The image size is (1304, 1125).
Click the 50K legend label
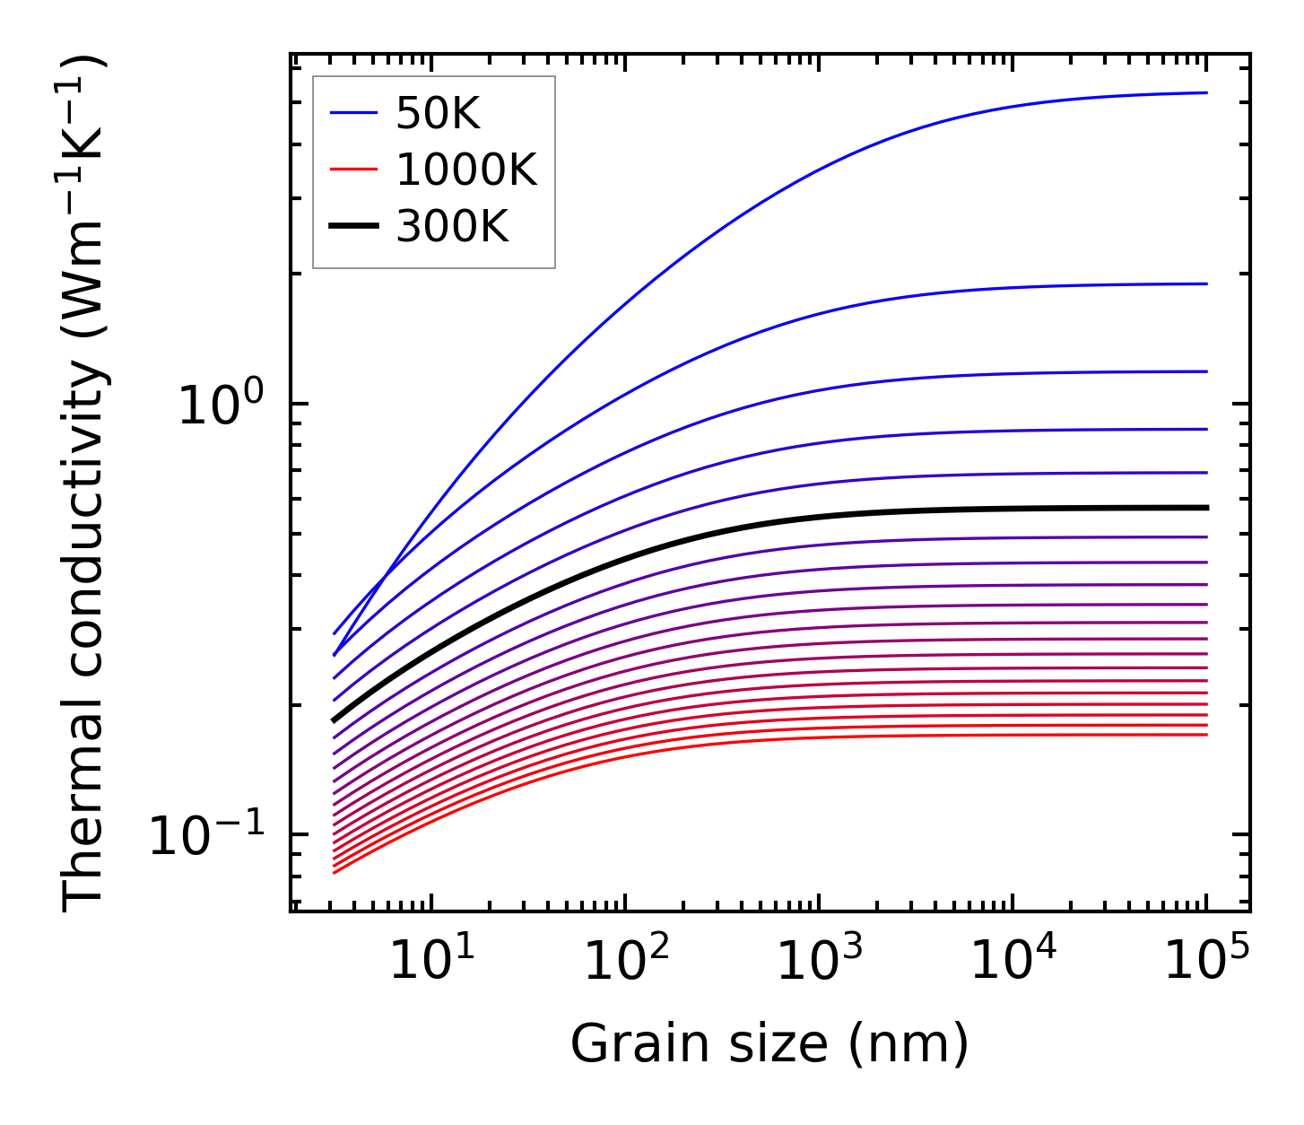coord(438,114)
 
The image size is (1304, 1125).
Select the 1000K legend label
coord(465,170)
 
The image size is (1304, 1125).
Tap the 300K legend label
coord(452,227)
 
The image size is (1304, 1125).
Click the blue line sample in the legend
coord(355,113)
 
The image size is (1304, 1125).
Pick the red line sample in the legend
coord(355,170)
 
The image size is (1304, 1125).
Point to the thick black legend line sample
coord(355,226)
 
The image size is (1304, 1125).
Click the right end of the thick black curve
coord(1206,508)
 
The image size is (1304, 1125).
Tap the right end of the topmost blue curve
coord(1206,92)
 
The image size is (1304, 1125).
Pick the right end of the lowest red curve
coord(1206,735)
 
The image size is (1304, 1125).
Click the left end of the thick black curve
coord(334,720)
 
